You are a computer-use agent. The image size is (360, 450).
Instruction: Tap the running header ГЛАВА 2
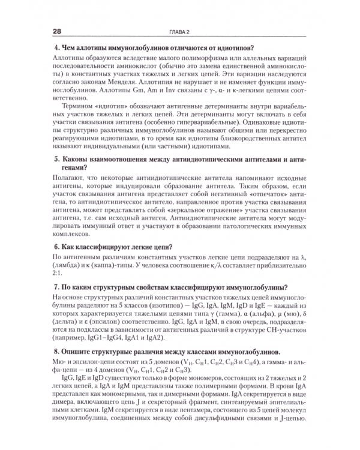pyautogui.click(x=179, y=31)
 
